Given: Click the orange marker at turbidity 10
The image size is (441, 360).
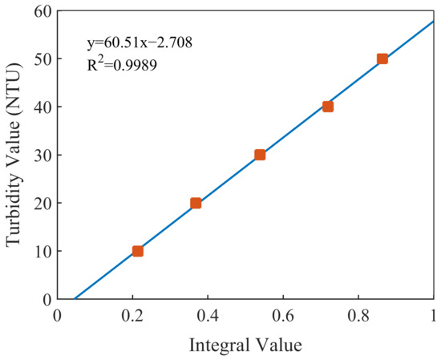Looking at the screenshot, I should (138, 251).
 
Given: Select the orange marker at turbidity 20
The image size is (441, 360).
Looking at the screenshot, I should (196, 203).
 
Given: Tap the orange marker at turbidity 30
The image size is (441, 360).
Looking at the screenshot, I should (260, 155).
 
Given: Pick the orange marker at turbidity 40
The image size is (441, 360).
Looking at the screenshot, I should (328, 107).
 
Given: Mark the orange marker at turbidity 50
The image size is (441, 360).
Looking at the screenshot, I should (382, 59).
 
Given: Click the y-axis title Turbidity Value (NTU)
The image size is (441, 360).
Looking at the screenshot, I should (14, 156).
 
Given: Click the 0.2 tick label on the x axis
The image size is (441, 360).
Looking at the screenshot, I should (132, 315).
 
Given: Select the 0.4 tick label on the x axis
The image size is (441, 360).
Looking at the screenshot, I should (208, 315).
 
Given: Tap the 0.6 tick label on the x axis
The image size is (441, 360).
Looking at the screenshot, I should (283, 315).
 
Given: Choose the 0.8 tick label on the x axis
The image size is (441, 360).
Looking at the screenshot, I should (358, 315).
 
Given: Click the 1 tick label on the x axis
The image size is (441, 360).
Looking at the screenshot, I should (434, 315).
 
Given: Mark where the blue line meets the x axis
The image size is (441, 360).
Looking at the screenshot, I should (75, 299).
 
